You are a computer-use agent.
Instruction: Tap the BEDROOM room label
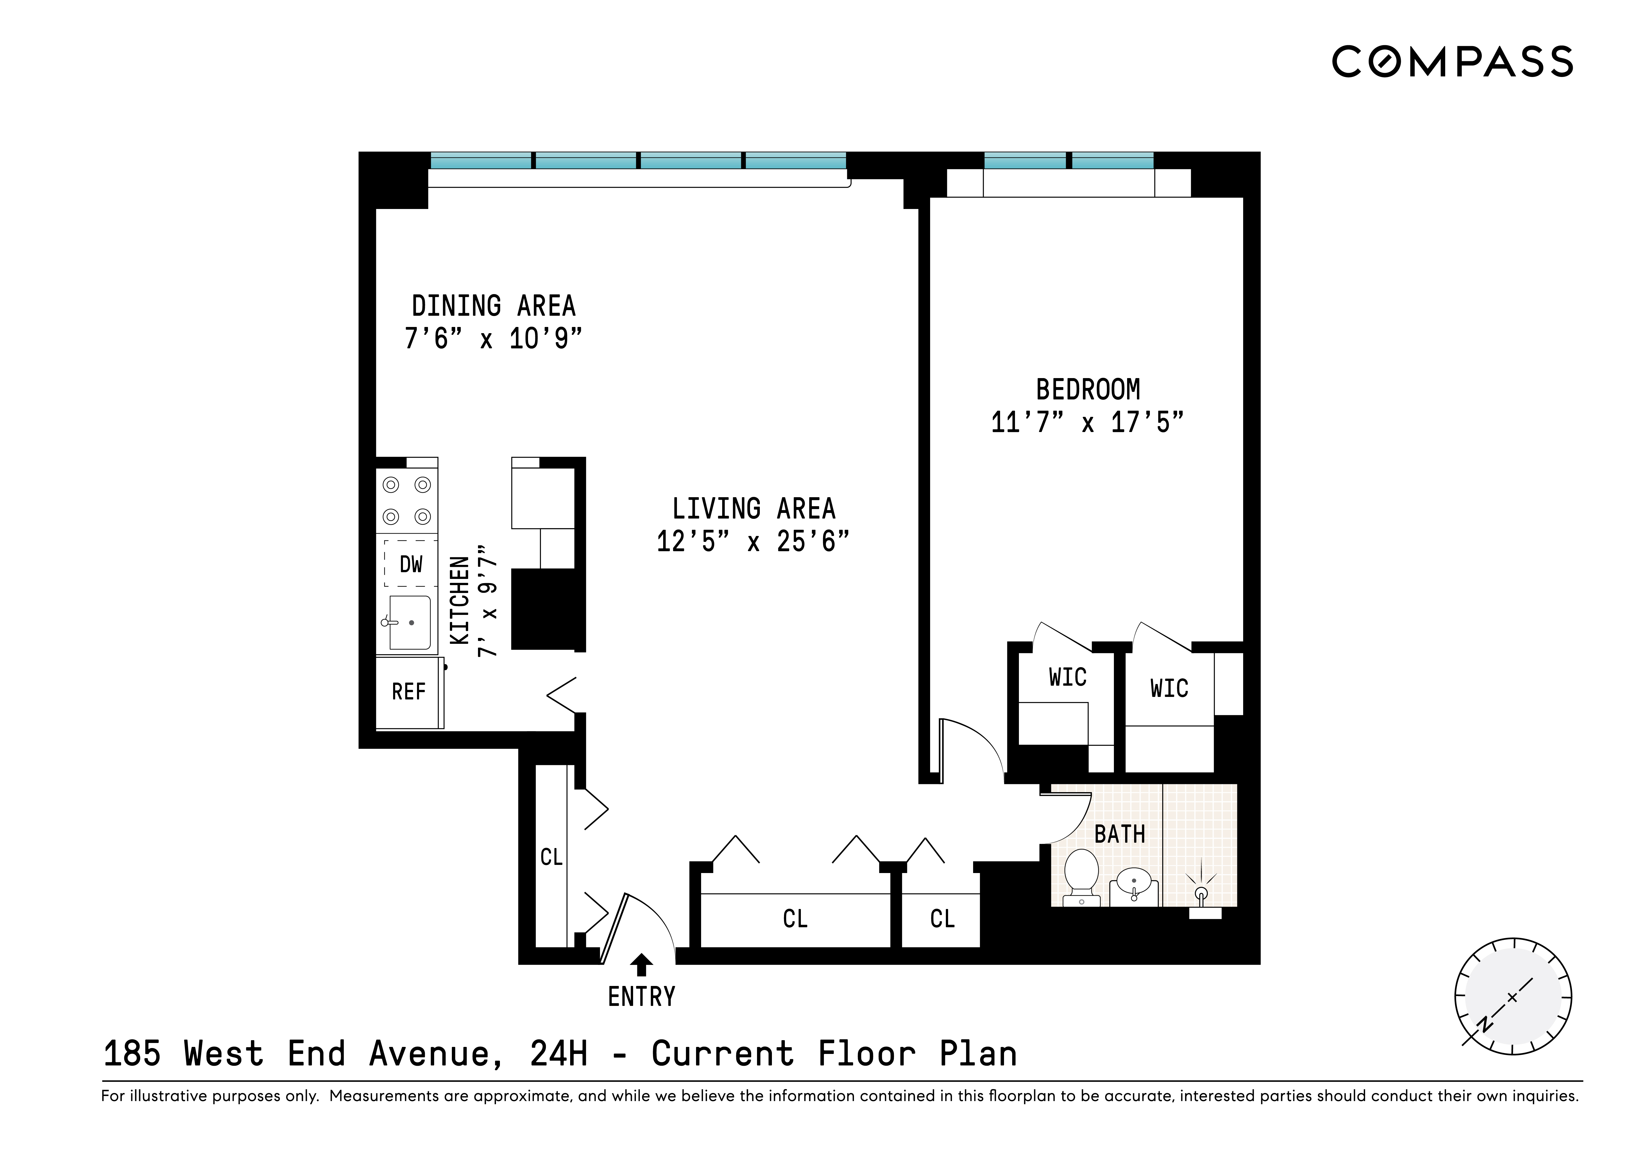(1088, 390)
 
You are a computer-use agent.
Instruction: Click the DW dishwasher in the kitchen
(410, 564)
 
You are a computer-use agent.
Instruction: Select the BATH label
(1120, 835)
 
